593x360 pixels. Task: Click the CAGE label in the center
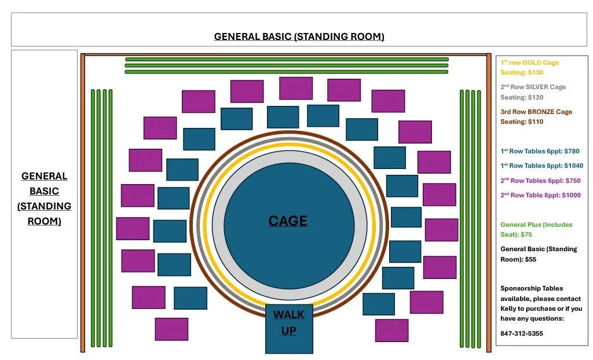(288, 221)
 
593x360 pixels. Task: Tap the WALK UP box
(289, 329)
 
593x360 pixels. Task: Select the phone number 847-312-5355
(521, 333)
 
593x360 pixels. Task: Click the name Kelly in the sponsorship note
(510, 308)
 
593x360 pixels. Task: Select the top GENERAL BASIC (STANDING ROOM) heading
(299, 36)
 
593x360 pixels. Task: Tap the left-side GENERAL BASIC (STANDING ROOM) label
(44, 198)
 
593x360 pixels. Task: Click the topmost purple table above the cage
(296, 88)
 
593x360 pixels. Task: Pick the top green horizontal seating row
(287, 59)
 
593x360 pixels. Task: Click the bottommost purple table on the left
(171, 329)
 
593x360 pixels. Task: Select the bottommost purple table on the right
(391, 330)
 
